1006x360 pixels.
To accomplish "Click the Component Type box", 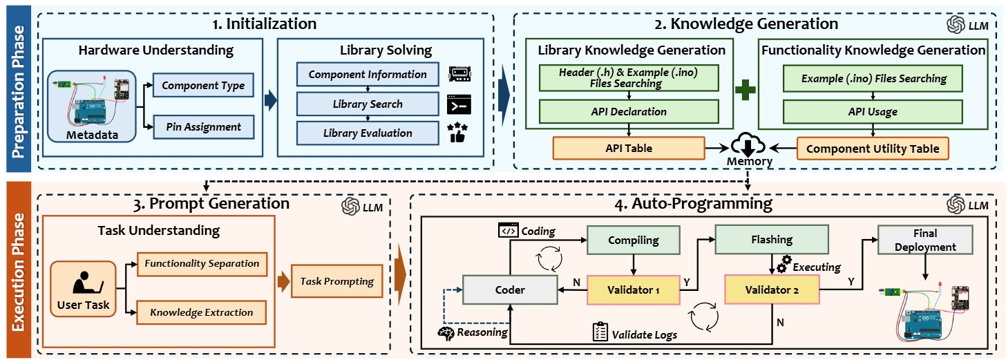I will pos(203,86).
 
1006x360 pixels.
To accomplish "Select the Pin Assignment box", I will pos(203,126).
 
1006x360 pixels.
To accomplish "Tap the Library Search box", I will pos(368,104).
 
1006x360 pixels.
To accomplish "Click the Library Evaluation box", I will pos(368,133).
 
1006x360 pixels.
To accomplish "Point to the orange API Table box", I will pos(628,148).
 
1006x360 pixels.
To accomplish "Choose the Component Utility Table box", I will pos(873,148).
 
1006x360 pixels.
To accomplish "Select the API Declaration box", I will pos(628,111).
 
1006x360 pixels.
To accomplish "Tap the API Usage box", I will pos(873,111).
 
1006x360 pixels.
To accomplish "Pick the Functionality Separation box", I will pos(202,263).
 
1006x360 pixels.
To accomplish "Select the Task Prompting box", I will pos(337,281).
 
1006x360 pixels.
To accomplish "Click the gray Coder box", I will pos(509,290).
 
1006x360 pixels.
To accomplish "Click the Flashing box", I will pos(772,240).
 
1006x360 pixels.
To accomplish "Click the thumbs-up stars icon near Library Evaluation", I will pos(458,132).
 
